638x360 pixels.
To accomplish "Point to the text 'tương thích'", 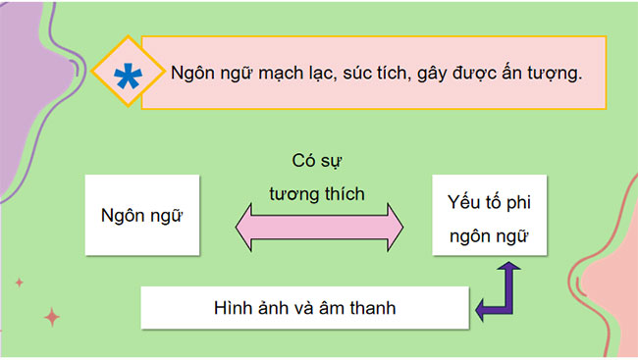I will point(317,194).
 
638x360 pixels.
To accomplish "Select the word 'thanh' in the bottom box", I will point(370,308).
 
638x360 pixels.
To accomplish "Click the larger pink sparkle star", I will point(53,316).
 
